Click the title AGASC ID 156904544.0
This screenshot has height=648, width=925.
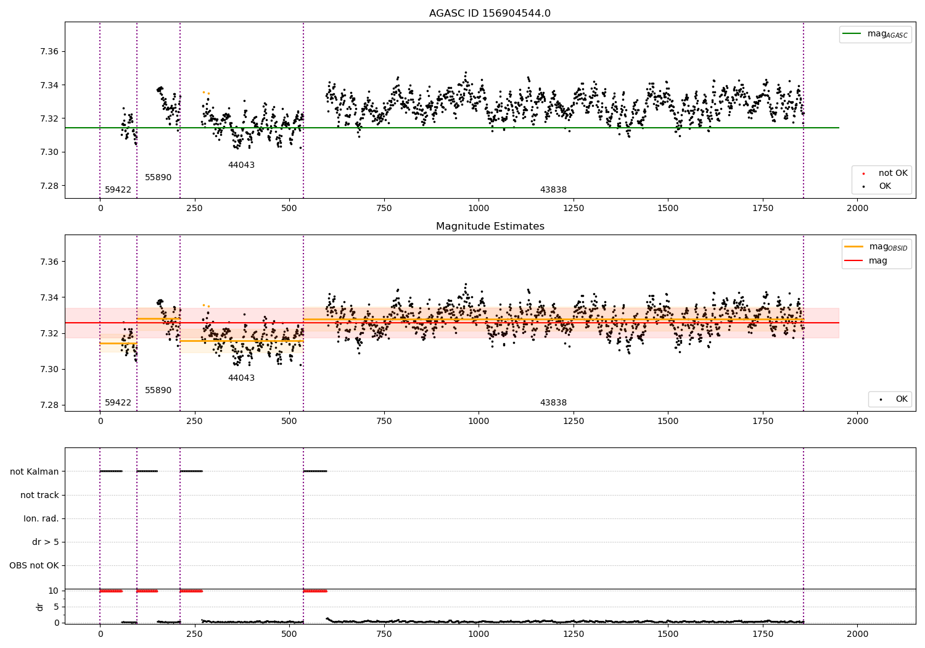pyautogui.click(x=490, y=14)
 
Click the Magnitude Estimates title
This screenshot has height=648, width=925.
pyautogui.click(x=490, y=226)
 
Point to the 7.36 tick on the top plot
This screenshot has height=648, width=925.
pyautogui.click(x=49, y=51)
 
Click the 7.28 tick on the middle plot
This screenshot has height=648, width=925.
pyautogui.click(x=49, y=405)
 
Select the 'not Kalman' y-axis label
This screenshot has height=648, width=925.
pyautogui.click(x=35, y=471)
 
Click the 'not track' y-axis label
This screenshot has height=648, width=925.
pyautogui.click(x=39, y=495)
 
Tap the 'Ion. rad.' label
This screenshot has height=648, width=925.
pyautogui.click(x=41, y=518)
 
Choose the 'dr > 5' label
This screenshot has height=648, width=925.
pyautogui.click(x=45, y=542)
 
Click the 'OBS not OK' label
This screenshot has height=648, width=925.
pyautogui.click(x=34, y=565)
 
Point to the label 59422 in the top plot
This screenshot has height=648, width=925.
pyautogui.click(x=118, y=190)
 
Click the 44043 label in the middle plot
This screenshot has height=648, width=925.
pyautogui.click(x=241, y=378)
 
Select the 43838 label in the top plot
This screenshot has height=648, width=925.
pyautogui.click(x=553, y=190)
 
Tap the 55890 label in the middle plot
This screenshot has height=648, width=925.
pyautogui.click(x=158, y=391)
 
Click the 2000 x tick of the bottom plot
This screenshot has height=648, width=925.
pyautogui.click(x=857, y=634)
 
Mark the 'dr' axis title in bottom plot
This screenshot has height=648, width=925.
pyautogui.click(x=40, y=607)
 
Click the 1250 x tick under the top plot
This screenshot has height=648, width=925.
pyautogui.click(x=573, y=209)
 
